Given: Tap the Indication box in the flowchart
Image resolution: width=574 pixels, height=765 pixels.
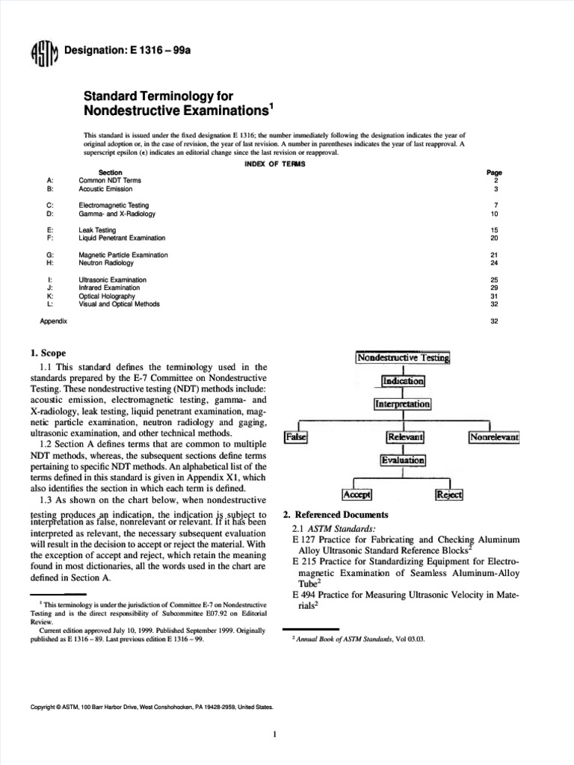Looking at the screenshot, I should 403,381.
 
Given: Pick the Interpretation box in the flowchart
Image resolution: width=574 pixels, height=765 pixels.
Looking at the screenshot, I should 403,404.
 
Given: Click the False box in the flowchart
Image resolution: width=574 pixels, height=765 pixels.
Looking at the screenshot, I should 297,436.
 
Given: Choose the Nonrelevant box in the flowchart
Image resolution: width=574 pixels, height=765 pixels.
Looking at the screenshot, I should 494,436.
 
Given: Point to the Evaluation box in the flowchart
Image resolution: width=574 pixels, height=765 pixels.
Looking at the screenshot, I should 403,461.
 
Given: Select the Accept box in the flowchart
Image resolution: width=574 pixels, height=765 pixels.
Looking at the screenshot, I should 357,495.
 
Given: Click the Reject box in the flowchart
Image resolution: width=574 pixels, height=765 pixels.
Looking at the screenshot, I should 449,495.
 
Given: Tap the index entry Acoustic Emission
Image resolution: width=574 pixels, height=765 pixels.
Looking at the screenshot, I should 105,189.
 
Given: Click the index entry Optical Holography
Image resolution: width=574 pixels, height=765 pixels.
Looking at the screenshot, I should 108,296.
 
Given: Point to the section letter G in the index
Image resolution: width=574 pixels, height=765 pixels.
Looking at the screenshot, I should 49,255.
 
